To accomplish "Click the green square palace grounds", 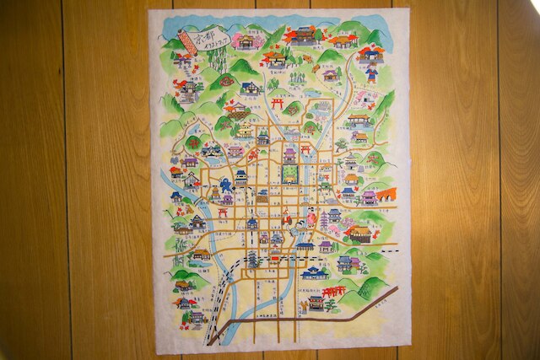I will tap(290, 175).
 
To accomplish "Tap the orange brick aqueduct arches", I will tap(386, 195).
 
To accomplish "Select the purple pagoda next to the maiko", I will tap(322, 221).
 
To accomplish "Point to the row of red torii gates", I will tap(333, 292).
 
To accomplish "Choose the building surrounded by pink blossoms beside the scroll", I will tap(184, 60).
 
